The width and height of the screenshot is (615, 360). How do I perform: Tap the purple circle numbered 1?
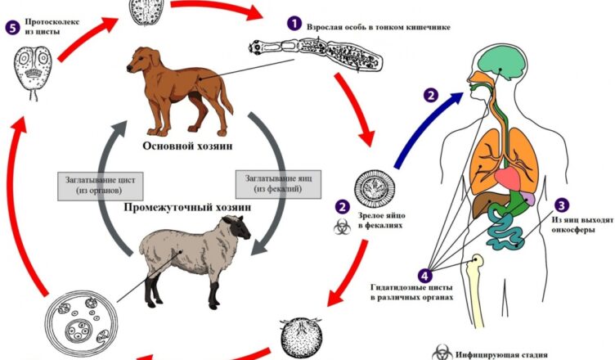pos(293,25)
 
